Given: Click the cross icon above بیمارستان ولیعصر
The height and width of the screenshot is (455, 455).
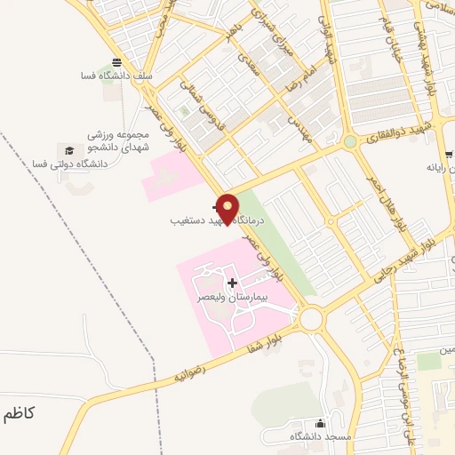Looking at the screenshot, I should [233, 283].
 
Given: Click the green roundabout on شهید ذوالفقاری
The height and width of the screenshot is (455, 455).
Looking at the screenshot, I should [350, 140].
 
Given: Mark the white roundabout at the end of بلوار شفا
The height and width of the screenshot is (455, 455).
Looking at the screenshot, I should [311, 318].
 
